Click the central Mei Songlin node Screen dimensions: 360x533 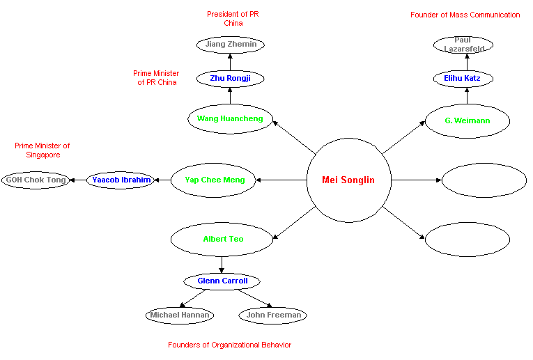pos(348,180)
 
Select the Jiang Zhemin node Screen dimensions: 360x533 pos(231,45)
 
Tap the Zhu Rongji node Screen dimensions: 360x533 pos(230,79)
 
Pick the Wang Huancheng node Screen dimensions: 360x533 pos(230,119)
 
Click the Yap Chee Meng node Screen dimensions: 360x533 pos(215,180)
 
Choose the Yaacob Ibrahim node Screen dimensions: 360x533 pos(121,180)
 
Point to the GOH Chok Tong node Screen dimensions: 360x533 pos(36,180)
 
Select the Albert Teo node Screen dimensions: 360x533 pos(223,240)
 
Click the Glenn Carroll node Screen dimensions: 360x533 pos(222,281)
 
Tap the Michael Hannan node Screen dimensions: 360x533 pos(180,315)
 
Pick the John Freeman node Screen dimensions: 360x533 pos(272,315)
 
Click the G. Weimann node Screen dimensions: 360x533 pos(468,121)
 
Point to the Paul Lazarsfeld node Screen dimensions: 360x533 pos(463,45)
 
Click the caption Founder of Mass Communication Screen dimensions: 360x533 pos(465,15)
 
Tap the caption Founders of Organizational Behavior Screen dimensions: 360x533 pos(229,345)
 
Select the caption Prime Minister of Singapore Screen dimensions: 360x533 pos(43,150)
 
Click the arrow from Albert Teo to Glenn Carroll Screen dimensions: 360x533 pos(222,265)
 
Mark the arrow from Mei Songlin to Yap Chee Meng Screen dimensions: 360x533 pos(281,180)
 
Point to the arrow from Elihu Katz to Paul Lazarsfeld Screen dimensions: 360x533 pos(467,62)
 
